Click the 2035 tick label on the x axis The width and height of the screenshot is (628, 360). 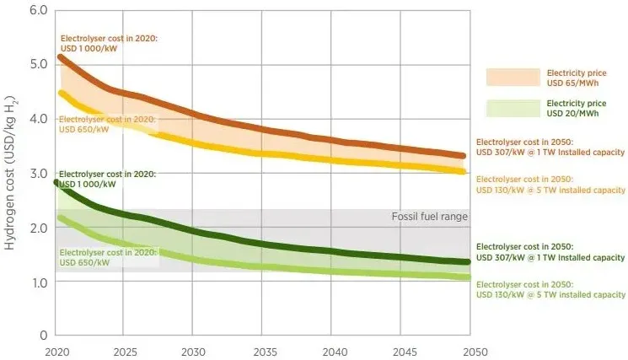(x=264, y=350)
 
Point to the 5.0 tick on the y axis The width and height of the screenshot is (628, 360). (x=38, y=64)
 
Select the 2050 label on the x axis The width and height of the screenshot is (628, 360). (x=470, y=350)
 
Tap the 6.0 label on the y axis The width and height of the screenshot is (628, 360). (x=38, y=10)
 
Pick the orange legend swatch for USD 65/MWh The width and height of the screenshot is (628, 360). (x=513, y=78)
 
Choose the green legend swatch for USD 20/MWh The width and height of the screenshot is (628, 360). (x=513, y=108)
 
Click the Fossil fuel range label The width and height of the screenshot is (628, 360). (x=429, y=217)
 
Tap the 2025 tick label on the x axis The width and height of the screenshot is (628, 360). (x=125, y=350)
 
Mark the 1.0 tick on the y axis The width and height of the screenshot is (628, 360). (x=38, y=282)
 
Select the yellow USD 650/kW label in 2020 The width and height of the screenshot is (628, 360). (x=106, y=125)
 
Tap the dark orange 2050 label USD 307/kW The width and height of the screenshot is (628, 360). (x=550, y=147)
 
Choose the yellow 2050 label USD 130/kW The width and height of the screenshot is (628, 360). (x=550, y=185)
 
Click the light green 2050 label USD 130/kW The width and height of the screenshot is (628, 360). (x=550, y=289)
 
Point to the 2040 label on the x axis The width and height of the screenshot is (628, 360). (x=333, y=350)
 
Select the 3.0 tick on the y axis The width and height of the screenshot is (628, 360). (x=38, y=173)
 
